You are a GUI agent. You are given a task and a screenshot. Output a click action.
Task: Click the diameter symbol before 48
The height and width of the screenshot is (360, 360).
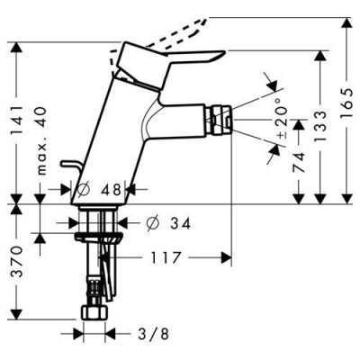81,191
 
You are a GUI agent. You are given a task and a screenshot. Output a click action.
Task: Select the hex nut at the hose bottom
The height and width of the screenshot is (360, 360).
94,316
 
